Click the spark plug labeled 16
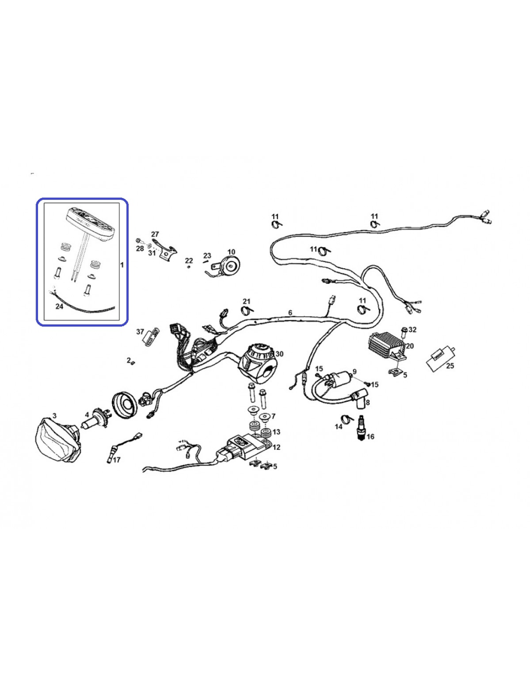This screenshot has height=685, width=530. (361, 428)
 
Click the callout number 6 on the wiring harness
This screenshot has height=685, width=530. (290, 313)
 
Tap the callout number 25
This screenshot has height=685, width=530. (450, 366)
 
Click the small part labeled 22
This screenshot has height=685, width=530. (188, 267)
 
